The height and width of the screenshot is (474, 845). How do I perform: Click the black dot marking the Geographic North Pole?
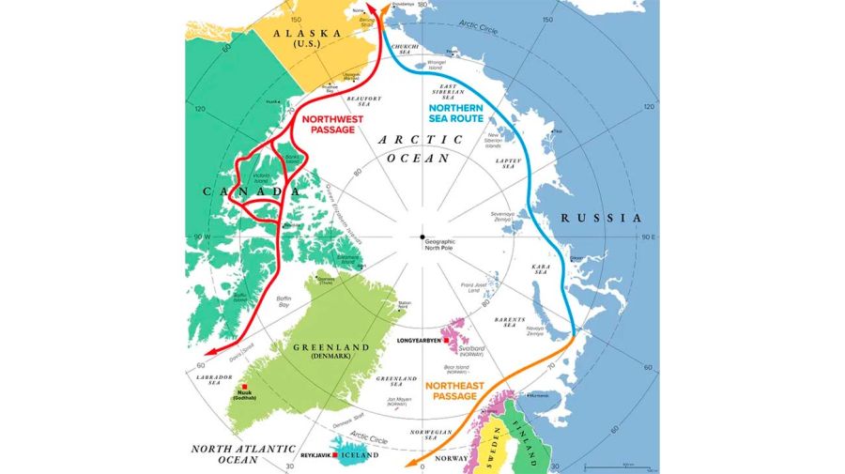(x=422, y=237)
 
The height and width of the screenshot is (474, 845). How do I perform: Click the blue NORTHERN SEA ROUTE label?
(x=456, y=113)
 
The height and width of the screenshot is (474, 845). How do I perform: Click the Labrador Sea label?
(x=210, y=380)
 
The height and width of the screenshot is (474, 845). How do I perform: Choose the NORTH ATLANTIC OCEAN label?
(x=234, y=454)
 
